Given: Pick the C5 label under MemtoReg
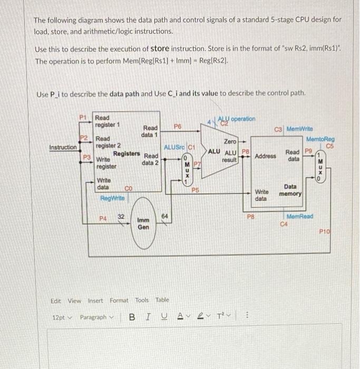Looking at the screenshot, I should pyautogui.click(x=330, y=146).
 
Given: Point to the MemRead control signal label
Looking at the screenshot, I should pyautogui.click(x=299, y=217).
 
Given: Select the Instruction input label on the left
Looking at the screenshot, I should pyautogui.click(x=63, y=148).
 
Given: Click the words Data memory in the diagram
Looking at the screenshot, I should pyautogui.click(x=290, y=190).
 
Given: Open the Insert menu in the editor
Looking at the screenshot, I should pyautogui.click(x=95, y=300).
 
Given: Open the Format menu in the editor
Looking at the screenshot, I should pyautogui.click(x=119, y=300).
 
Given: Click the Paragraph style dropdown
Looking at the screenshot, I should pyautogui.click(x=96, y=317).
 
